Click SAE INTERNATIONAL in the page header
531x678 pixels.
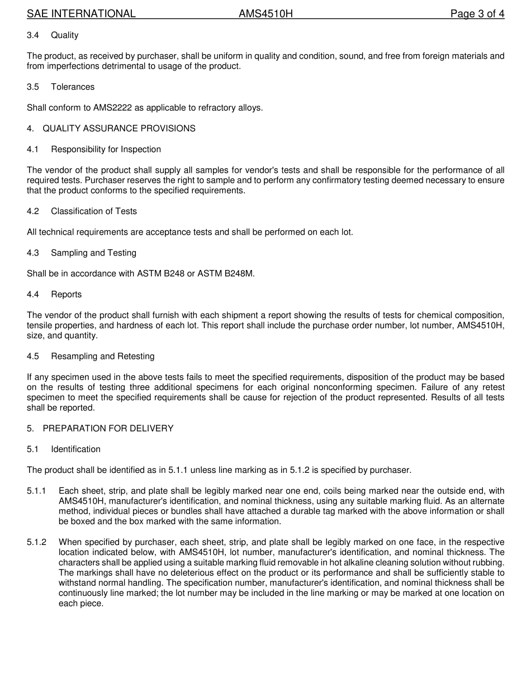tap(81, 14)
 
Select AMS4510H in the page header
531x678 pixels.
tap(265, 14)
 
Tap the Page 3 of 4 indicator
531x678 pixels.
tap(477, 14)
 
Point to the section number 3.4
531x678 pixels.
tap(33, 35)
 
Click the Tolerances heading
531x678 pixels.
tap(73, 87)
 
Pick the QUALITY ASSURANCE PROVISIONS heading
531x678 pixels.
tap(119, 129)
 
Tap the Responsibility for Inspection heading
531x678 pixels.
tap(106, 149)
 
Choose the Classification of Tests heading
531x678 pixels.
tap(94, 211)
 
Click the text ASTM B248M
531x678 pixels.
tap(226, 274)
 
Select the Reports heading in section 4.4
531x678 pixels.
tap(66, 295)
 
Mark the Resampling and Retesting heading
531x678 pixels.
tap(103, 356)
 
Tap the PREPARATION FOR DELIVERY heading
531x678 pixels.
tap(108, 428)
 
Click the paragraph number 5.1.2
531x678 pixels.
tap(36, 542)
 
